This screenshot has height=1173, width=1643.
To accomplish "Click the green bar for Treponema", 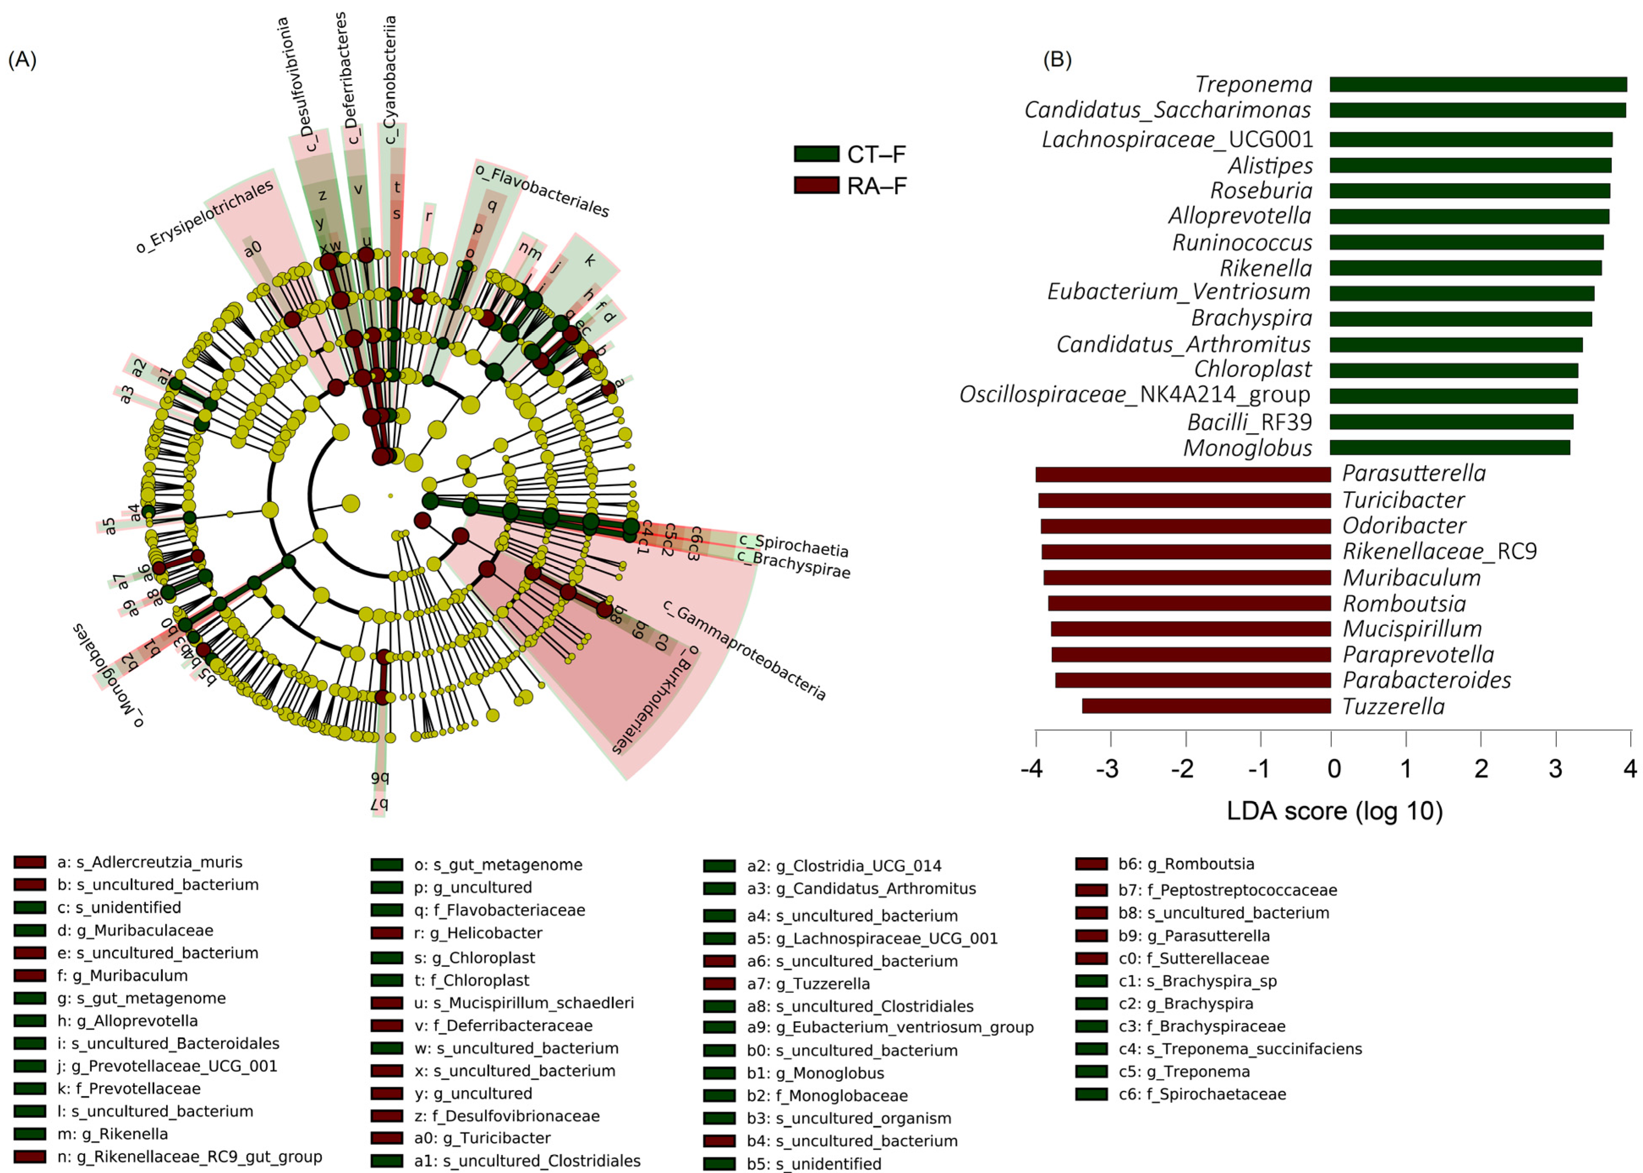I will tap(1478, 85).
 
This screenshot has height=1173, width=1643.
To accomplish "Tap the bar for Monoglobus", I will tap(1449, 448).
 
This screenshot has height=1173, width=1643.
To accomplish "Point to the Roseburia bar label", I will tap(1261, 191).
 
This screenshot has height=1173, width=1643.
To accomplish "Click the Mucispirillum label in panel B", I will tap(1412, 629).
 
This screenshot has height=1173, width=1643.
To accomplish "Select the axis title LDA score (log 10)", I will tap(1334, 810).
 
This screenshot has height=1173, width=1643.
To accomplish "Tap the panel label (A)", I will tap(22, 59).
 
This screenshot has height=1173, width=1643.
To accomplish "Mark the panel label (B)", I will tap(1057, 59).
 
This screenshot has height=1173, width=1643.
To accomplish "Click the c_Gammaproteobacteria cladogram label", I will tap(744, 650).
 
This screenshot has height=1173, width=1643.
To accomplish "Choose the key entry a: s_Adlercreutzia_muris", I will tap(149, 862).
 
